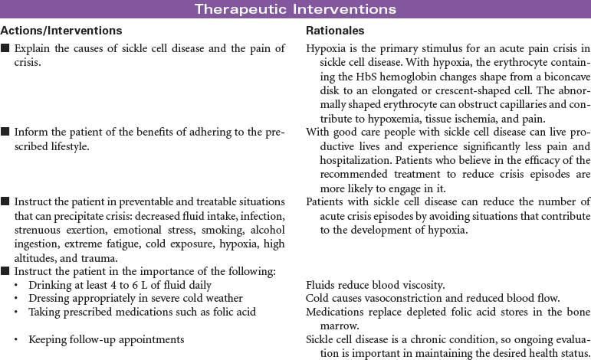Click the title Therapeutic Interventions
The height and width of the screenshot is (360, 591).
295,9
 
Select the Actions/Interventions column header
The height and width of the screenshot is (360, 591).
61,31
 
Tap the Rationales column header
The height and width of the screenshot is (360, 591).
335,31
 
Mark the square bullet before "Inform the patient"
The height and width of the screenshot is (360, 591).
5,133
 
